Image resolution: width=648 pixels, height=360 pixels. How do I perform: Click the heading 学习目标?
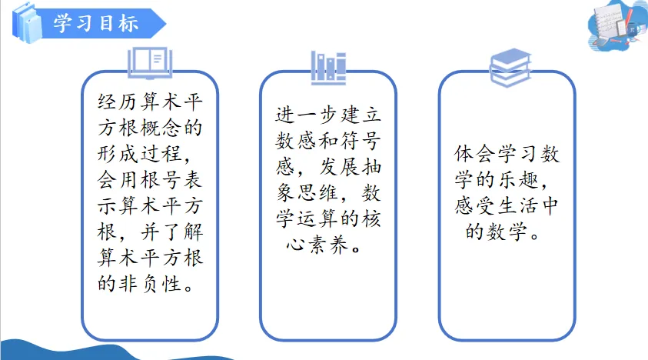pyautogui.click(x=95, y=23)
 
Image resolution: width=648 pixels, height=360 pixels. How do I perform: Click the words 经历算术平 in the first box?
pyautogui.click(x=151, y=102)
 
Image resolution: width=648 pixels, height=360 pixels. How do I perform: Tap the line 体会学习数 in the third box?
pyautogui.click(x=507, y=155)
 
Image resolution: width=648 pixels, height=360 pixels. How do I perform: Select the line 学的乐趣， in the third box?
pyautogui.click(x=500, y=182)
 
